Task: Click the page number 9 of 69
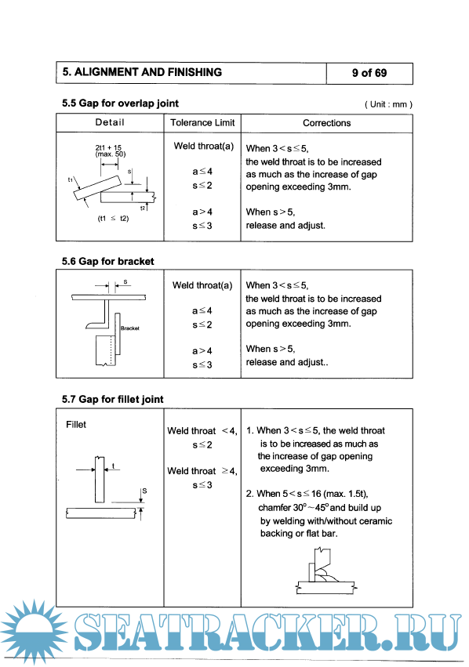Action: pyautogui.click(x=369, y=73)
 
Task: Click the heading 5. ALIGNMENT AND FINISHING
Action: pyautogui.click(x=142, y=72)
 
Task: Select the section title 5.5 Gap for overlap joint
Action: pyautogui.click(x=120, y=103)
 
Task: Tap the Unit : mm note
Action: pyautogui.click(x=388, y=105)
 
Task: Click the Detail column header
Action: pyautogui.click(x=110, y=122)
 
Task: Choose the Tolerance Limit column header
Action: pyautogui.click(x=202, y=123)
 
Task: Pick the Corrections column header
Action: pyautogui.click(x=327, y=123)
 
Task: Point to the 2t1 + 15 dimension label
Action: pyautogui.click(x=108, y=147)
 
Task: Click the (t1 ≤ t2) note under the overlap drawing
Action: pyautogui.click(x=113, y=219)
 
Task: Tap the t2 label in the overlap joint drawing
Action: pyautogui.click(x=143, y=208)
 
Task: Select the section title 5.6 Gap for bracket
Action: pyautogui.click(x=107, y=261)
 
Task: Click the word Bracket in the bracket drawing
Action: pyautogui.click(x=130, y=328)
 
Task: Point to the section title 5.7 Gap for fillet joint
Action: pyautogui.click(x=112, y=399)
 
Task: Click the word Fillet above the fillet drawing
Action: pyautogui.click(x=76, y=425)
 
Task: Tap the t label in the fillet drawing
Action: pyautogui.click(x=113, y=466)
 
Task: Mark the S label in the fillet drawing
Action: pyautogui.click(x=144, y=491)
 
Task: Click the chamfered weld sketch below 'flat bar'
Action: pyautogui.click(x=326, y=571)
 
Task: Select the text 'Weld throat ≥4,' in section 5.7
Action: pyautogui.click(x=202, y=471)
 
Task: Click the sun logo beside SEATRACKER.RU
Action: pyautogui.click(x=33, y=630)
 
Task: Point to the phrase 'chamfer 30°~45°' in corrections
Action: pyautogui.click(x=293, y=507)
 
